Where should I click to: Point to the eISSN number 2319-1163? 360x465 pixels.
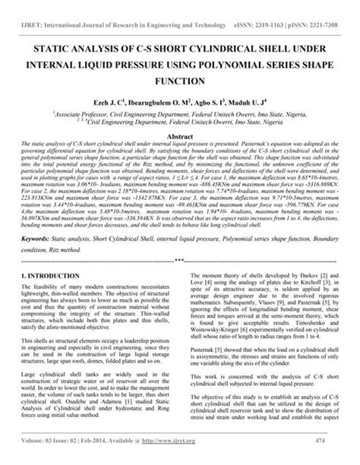[261, 6]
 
